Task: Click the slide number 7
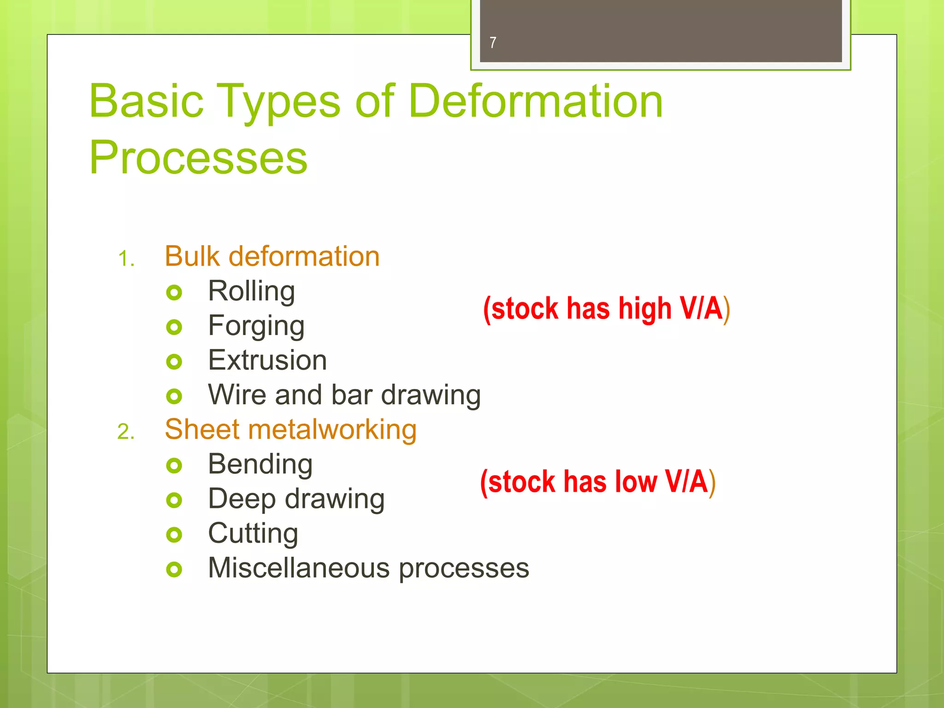[x=493, y=43]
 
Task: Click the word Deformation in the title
[x=535, y=101]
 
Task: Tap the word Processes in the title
[x=198, y=158]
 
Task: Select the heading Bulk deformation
[x=272, y=256]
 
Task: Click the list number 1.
[x=126, y=259]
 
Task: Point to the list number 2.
[x=126, y=432]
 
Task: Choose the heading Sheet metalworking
[x=290, y=430]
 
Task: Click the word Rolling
[x=251, y=291]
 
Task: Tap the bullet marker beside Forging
[x=174, y=327]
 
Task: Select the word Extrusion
[x=267, y=360]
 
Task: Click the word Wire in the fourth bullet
[x=237, y=395]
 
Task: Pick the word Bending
[x=260, y=464]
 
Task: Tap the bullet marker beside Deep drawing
[x=174, y=500]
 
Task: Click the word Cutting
[x=253, y=534]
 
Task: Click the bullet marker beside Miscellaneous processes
[x=174, y=570]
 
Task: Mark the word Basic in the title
[x=146, y=101]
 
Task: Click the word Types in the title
[x=278, y=101]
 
